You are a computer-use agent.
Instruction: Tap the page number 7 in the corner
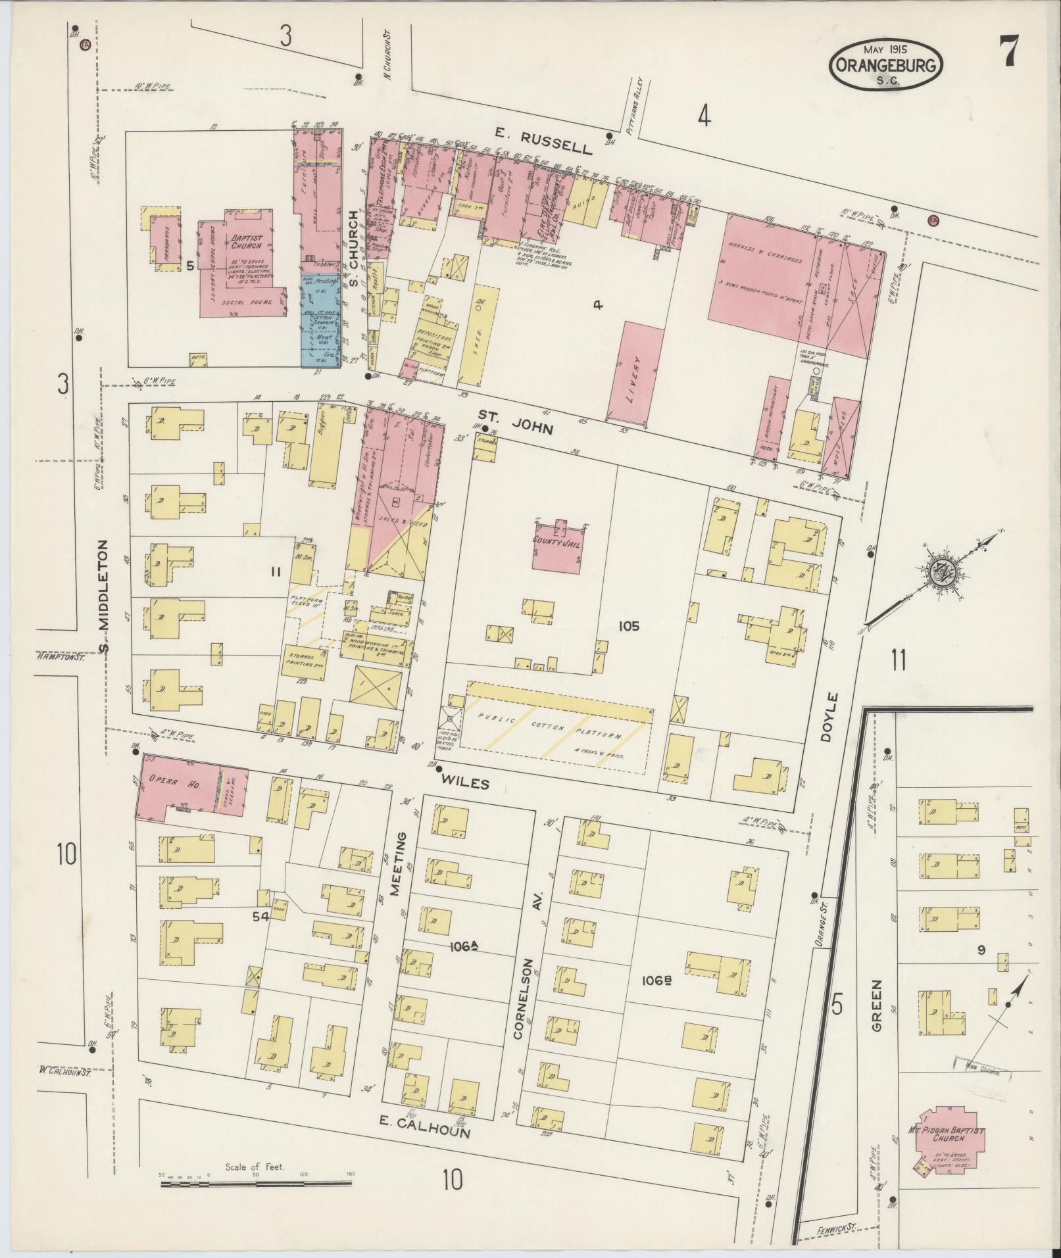point(1010,51)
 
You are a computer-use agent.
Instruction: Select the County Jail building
point(556,548)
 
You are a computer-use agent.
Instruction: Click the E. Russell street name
point(543,143)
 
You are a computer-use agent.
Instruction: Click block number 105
point(628,626)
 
